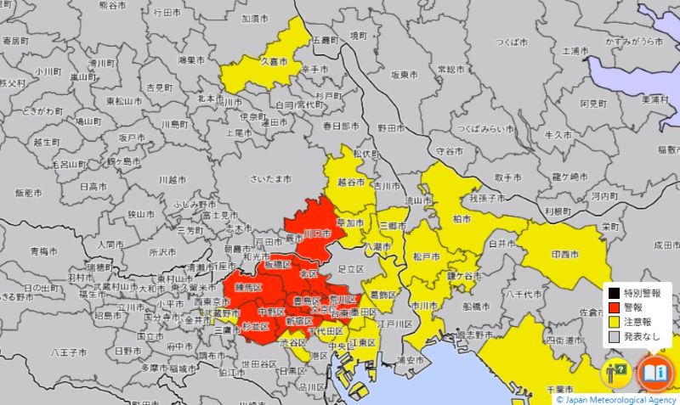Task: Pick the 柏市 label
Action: point(462,219)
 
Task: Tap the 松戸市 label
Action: point(426,256)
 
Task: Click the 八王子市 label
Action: point(65,351)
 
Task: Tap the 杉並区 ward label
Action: point(255,326)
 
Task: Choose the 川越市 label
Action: point(172,180)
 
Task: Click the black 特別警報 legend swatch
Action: point(614,292)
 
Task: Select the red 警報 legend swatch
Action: point(614,307)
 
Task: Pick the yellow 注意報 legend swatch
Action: point(614,322)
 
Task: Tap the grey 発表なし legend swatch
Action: point(614,337)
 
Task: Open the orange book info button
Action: point(654,372)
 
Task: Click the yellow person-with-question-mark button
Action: point(617,372)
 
